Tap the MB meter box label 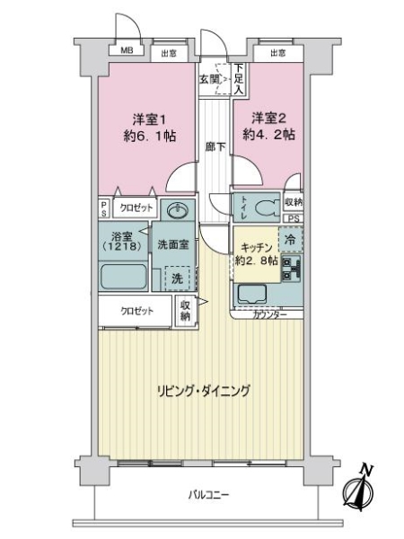127,50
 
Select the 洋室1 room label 149,119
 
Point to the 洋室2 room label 268,119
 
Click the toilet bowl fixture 268,208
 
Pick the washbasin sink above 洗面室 177,209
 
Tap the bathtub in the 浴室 123,277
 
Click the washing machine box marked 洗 177,278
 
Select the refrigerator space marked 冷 291,239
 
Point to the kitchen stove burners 291,269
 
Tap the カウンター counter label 270,314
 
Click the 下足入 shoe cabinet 239,79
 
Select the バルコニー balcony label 208,495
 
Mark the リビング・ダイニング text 204,391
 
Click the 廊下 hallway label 215,146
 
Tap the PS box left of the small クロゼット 104,208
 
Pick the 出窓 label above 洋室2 277,53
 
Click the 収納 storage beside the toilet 294,202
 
